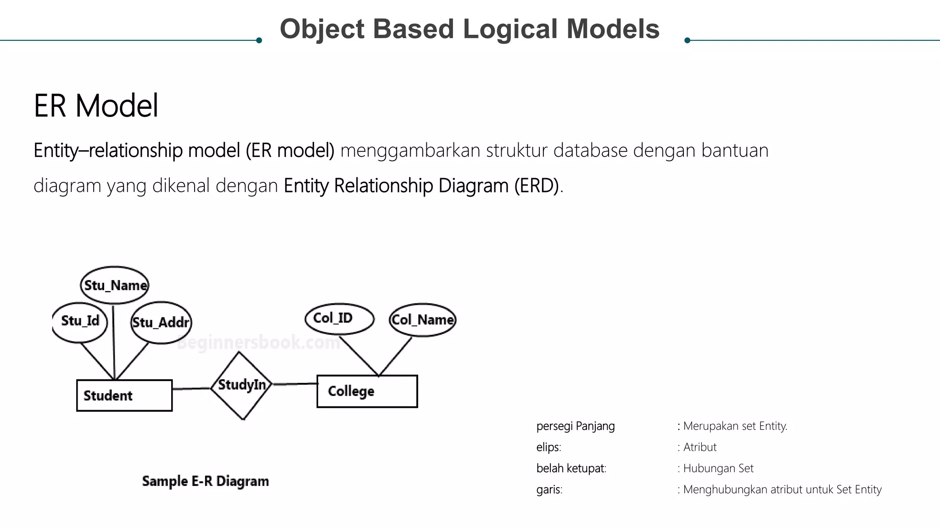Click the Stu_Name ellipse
tap(115, 285)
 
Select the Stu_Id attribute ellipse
tap(80, 321)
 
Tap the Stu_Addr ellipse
tap(161, 322)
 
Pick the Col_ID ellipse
tap(339, 318)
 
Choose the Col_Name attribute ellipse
tap(423, 320)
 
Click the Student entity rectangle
tap(124, 395)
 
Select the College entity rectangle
tap(367, 391)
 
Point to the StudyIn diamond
tap(241, 385)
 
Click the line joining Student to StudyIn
tap(191, 389)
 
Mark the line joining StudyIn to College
tap(295, 384)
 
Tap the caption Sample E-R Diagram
tap(205, 481)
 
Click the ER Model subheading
tap(96, 106)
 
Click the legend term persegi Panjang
tap(575, 426)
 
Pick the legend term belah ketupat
tap(571, 468)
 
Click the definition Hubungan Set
tap(718, 468)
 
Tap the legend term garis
tap(549, 490)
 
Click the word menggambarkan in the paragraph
tap(410, 151)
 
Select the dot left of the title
tap(259, 40)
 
